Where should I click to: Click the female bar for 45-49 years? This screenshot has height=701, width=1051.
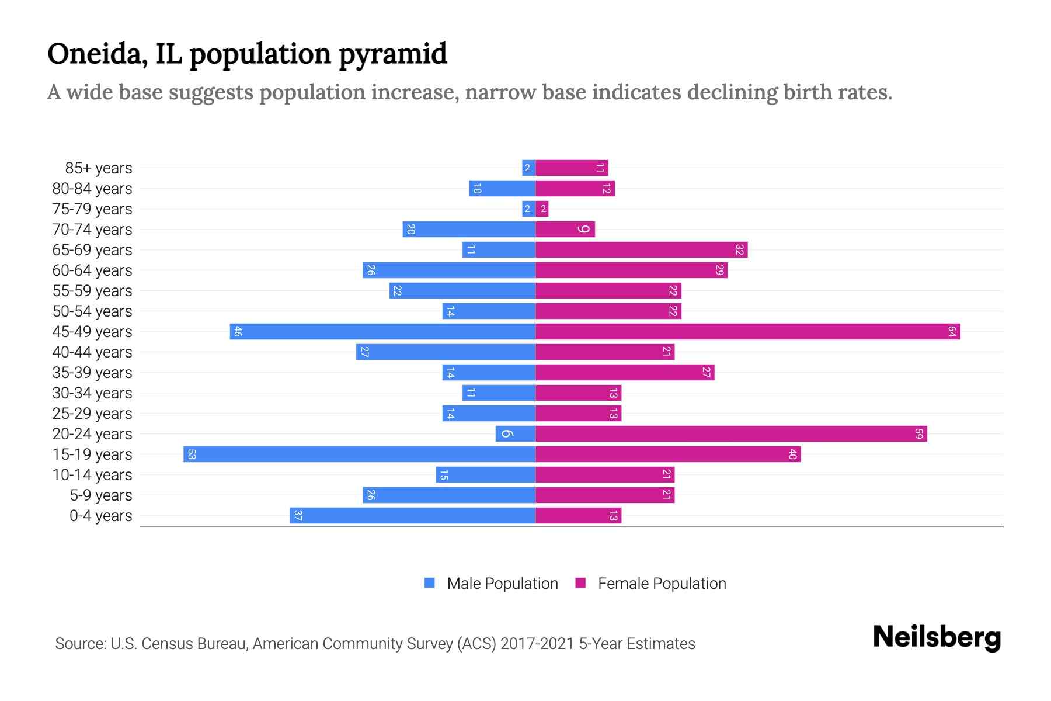coord(747,331)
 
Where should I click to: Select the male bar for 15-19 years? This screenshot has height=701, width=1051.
coord(359,454)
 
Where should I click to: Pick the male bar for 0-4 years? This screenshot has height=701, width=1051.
coord(412,515)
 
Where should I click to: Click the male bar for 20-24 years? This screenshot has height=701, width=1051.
coord(516,433)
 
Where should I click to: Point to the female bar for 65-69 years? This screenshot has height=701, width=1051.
coord(641,249)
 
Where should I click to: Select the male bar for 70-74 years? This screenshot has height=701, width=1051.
coord(469,229)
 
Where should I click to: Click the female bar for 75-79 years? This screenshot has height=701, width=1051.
coord(542,209)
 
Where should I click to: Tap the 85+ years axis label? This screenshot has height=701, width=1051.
coord(98,168)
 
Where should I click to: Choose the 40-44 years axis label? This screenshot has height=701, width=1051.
coord(92,352)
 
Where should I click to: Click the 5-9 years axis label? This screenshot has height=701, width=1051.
coord(100,495)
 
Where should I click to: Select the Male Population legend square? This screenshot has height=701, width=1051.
coord(430,583)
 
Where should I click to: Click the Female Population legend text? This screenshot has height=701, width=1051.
coord(662,584)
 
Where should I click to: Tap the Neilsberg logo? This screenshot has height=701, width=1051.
coord(937,637)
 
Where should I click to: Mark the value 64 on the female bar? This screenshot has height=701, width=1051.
coord(952,331)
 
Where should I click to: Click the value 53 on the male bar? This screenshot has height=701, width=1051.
coord(192,454)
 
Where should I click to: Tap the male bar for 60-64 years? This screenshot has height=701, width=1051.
coord(448,270)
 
